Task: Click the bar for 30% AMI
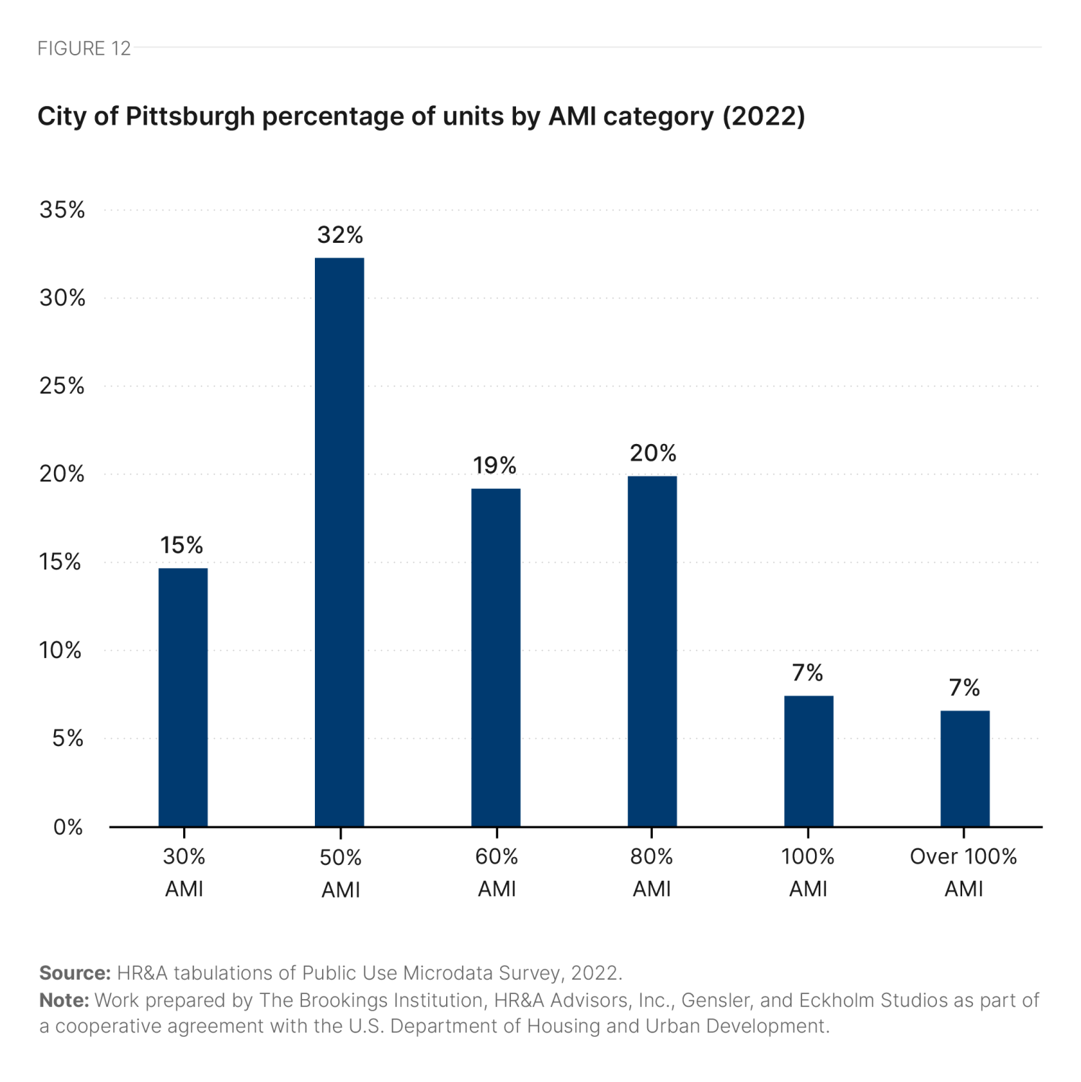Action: coord(183,697)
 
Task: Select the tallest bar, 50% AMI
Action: coord(339,542)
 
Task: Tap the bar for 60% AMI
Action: coord(496,657)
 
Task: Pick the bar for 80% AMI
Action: coord(652,651)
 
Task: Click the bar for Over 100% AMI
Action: coord(965,768)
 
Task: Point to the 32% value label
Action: coord(340,235)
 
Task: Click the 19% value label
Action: coord(495,466)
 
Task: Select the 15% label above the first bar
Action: coord(182,545)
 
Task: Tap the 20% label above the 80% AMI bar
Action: coord(653,453)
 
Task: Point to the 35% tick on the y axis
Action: coord(63,210)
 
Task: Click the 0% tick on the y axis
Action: coord(68,827)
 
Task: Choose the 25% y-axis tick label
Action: coord(63,386)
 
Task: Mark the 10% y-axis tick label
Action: coord(61,650)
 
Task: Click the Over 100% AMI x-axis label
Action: coord(964,872)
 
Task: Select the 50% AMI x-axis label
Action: coord(341,873)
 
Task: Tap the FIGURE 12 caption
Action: coord(84,48)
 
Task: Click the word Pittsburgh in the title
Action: coord(190,116)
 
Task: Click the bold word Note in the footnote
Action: coord(64,1001)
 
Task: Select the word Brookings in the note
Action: coord(342,1001)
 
